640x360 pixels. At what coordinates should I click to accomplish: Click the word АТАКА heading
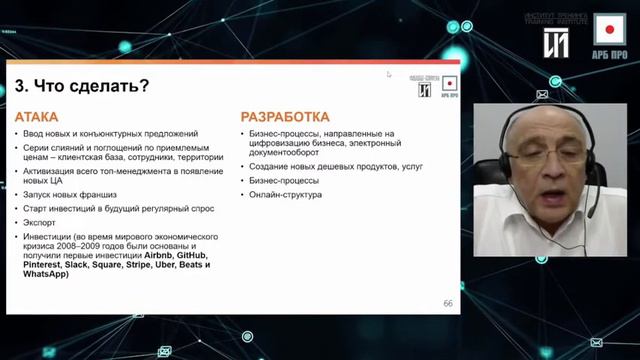37,116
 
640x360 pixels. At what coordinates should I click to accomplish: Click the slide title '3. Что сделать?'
82,86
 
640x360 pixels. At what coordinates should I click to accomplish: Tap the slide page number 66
448,303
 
